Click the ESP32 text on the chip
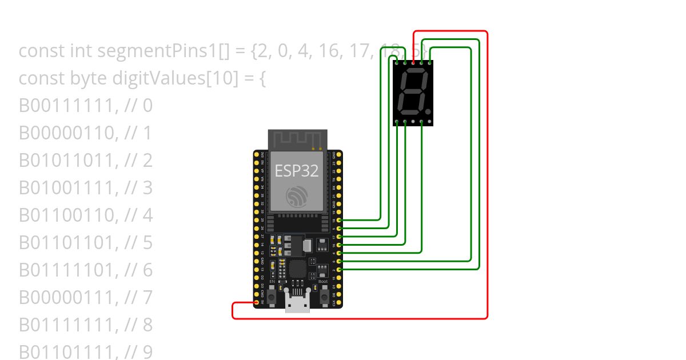pyautogui.click(x=297, y=170)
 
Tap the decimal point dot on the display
pyautogui.click(x=428, y=108)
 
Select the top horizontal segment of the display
pyautogui.click(x=414, y=74)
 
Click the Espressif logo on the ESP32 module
pyautogui.click(x=297, y=197)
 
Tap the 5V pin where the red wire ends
pyautogui.click(x=257, y=302)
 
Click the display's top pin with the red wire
pyautogui.click(x=413, y=62)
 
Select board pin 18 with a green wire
pyautogui.click(x=339, y=220)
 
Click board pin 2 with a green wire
pyautogui.click(x=339, y=269)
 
